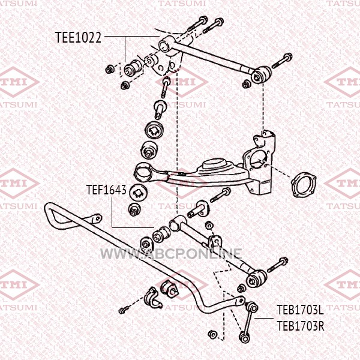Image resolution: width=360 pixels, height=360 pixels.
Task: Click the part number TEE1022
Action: [78, 37]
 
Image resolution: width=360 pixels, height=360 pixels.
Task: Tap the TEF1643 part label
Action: [106, 190]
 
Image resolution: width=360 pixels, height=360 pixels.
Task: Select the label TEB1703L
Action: [301, 310]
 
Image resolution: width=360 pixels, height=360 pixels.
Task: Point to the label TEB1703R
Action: [301, 326]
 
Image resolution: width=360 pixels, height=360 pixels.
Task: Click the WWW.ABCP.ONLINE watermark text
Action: [171, 254]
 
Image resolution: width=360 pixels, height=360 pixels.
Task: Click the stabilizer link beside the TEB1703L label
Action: [248, 322]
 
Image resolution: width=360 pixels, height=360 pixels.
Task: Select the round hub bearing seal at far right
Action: [303, 185]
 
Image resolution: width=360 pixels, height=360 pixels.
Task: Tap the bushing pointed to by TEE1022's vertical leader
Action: [133, 67]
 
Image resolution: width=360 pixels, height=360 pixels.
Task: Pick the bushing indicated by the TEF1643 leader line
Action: [161, 234]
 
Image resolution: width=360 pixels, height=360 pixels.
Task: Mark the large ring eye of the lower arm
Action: [143, 172]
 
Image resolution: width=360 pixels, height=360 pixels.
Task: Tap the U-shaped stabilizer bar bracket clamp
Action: [152, 298]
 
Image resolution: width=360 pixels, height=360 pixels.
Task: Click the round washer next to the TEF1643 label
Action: [138, 193]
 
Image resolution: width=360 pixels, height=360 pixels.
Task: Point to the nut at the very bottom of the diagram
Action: [212, 334]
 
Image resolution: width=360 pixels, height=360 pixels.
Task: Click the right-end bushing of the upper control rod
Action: [261, 75]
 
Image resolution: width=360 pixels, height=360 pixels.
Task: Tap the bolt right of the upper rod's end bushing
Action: [282, 61]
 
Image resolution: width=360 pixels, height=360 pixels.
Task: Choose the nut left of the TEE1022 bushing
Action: [109, 69]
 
